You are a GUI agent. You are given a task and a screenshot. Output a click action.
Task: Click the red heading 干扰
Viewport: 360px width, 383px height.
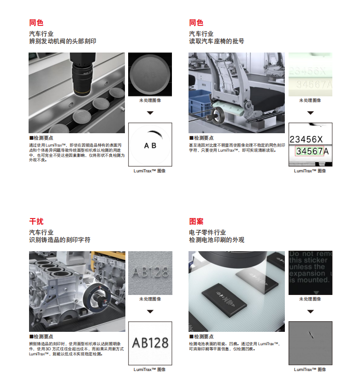[36, 221]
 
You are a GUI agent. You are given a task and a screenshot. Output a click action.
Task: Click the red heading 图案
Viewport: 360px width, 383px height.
[196, 221]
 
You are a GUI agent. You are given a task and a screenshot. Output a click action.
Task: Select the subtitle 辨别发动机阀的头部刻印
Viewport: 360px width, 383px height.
[62, 41]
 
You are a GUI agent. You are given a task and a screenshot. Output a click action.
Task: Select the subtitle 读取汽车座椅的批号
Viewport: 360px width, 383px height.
[216, 41]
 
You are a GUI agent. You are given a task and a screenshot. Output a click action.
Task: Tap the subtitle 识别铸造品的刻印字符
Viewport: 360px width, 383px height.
[59, 240]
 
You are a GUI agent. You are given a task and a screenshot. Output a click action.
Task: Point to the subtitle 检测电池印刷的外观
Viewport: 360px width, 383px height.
[216, 240]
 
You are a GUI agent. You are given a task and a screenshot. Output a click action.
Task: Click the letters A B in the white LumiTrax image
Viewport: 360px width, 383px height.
[150, 146]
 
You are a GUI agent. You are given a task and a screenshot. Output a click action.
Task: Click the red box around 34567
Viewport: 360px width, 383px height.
[310, 151]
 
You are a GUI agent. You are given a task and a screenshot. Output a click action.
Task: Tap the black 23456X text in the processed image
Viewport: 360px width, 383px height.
[306, 139]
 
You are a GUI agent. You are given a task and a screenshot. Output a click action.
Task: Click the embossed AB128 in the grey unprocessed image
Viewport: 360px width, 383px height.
[150, 272]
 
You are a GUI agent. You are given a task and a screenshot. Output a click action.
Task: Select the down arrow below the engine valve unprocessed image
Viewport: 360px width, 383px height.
[150, 112]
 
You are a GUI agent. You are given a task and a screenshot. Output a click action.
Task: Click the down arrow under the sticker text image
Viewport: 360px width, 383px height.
[310, 311]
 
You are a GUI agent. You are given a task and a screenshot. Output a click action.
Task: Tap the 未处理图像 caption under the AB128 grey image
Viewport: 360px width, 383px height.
[150, 299]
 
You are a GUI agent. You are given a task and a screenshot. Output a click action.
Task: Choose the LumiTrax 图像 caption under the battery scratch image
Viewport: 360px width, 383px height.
[310, 369]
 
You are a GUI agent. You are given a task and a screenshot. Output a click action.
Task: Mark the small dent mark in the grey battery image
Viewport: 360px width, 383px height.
[311, 336]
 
